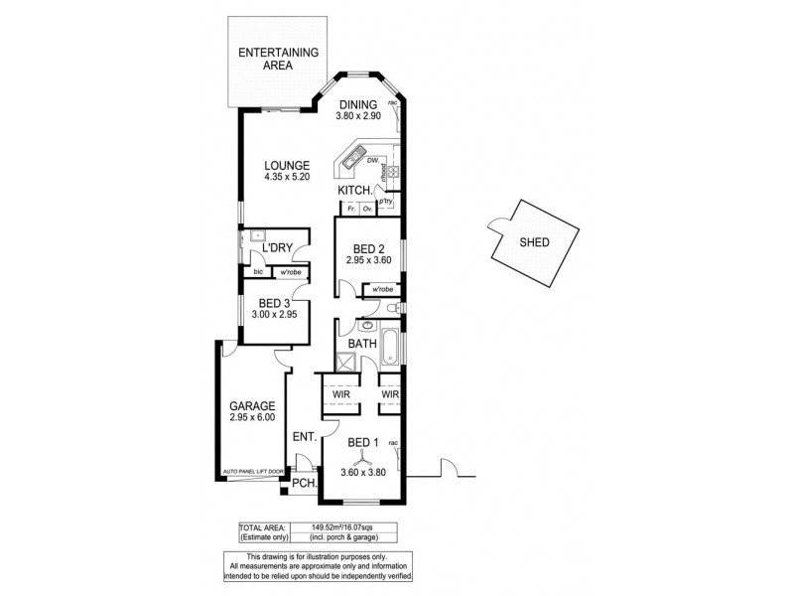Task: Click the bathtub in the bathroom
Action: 390,347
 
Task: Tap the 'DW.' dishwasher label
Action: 372,161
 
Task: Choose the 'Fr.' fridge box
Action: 350,209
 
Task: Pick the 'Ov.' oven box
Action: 366,209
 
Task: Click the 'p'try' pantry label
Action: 386,201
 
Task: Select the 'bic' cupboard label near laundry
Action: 258,271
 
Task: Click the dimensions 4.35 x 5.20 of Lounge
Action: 286,177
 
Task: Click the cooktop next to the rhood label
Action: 393,171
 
